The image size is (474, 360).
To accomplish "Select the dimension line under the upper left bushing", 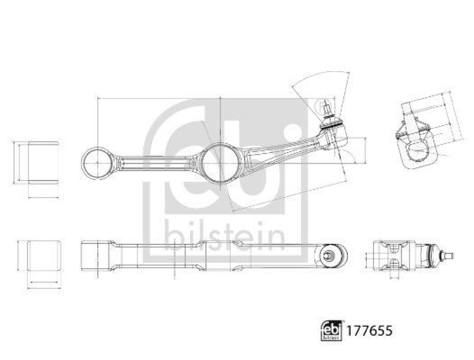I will click(x=43, y=197).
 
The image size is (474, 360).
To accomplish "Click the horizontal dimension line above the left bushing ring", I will click(x=157, y=98).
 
